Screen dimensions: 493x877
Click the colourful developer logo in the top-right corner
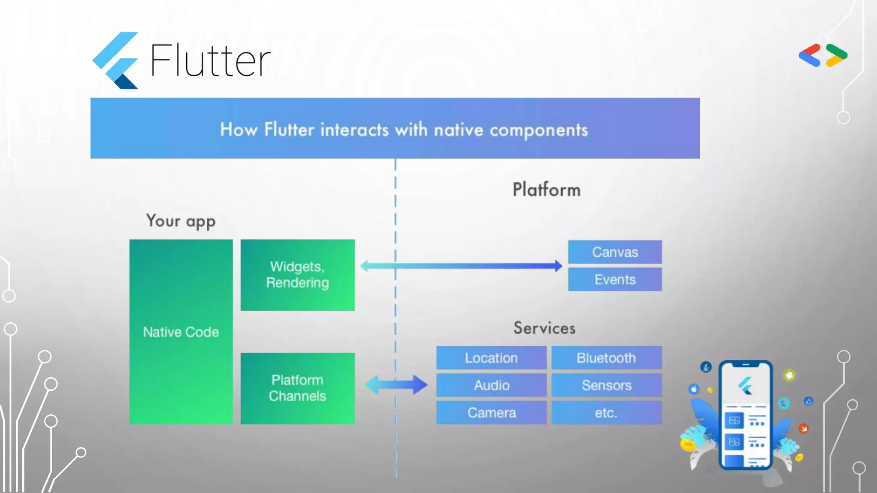823,55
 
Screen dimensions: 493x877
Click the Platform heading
546,190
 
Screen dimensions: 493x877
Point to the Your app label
181,221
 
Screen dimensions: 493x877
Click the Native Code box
181,332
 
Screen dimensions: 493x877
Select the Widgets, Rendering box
298,275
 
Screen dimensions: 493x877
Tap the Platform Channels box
298,388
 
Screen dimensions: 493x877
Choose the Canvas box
615,252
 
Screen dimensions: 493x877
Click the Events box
615,279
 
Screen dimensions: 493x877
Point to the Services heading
544,328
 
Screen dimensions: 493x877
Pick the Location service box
491,358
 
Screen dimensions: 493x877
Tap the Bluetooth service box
606,358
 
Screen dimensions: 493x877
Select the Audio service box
491,385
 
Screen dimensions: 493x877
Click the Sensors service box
606,385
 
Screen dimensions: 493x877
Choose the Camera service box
491,413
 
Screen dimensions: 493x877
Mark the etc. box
606,413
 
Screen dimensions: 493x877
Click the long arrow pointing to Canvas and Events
461,266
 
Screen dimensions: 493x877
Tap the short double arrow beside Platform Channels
396,385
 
